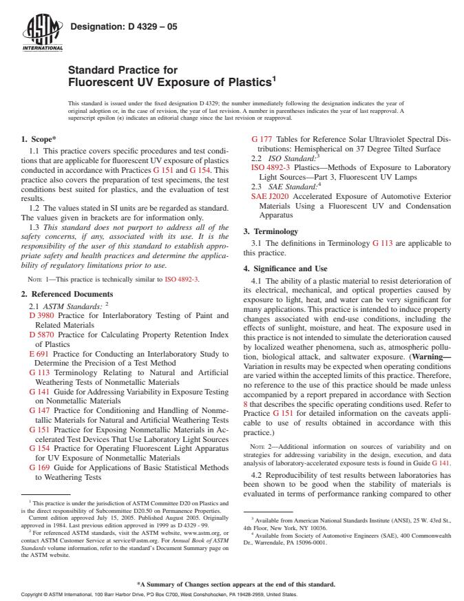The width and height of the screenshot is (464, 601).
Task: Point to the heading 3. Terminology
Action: [x=271, y=231]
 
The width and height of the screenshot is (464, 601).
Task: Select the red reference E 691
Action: [x=39, y=354]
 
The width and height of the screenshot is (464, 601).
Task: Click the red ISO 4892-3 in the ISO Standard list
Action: [x=266, y=167]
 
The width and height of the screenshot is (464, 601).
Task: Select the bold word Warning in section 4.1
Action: [x=430, y=357]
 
